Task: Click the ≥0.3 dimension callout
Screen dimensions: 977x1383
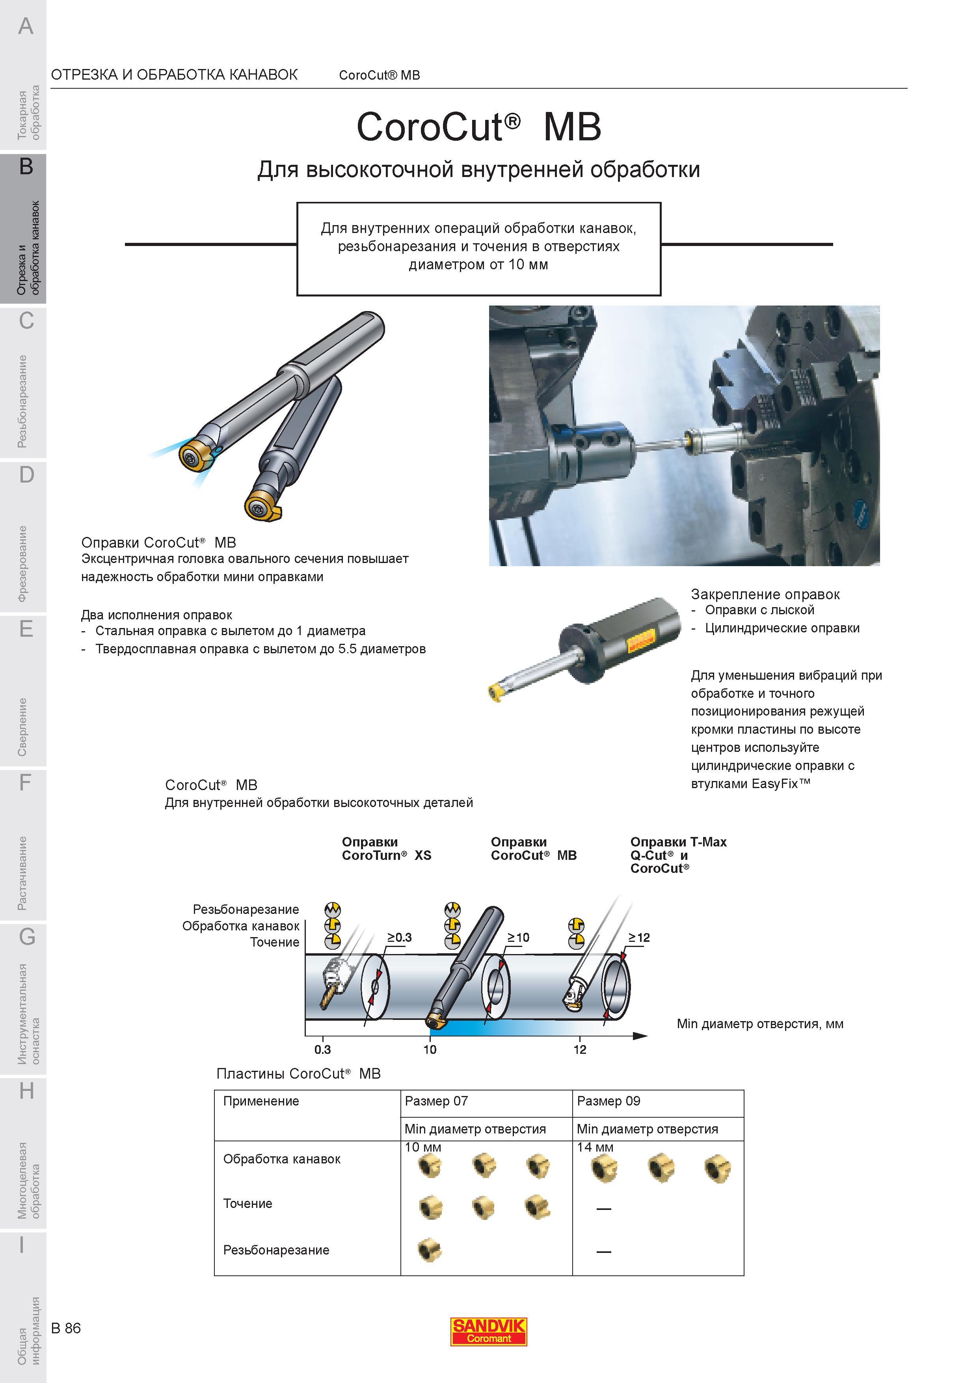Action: point(399,937)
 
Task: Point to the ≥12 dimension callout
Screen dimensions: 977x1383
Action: point(639,937)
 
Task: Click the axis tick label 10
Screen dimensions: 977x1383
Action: point(430,1050)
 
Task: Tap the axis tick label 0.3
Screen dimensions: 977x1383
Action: point(323,1050)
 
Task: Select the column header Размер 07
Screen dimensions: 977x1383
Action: point(436,1101)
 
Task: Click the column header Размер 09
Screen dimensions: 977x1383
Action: point(609,1101)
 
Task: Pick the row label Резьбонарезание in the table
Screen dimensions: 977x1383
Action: point(276,1250)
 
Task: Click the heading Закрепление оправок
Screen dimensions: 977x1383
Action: point(765,595)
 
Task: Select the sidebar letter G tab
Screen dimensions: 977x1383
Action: point(26,937)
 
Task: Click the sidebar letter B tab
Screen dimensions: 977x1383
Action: point(26,166)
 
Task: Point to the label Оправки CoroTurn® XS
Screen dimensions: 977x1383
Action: point(387,849)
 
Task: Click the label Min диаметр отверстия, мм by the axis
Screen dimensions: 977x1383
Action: point(760,1024)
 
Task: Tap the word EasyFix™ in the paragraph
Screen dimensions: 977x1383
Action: point(781,784)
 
